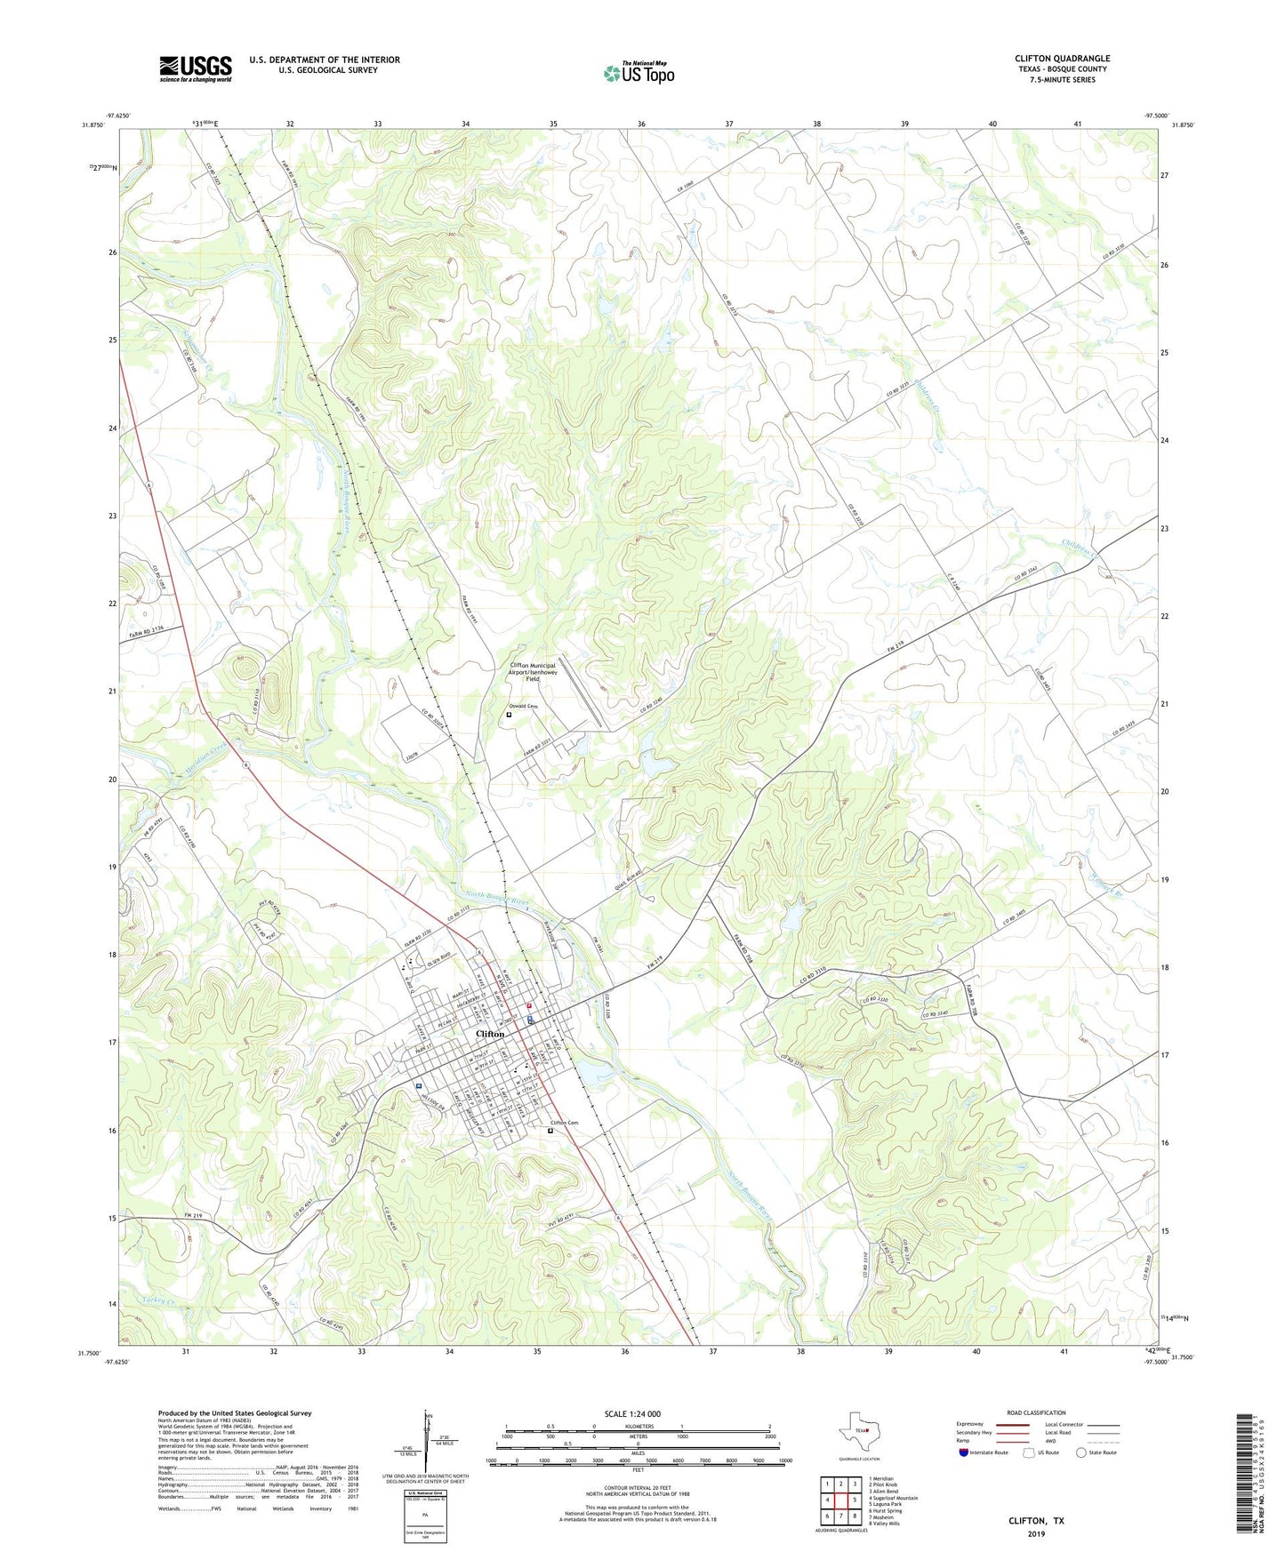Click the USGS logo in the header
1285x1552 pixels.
tap(195, 68)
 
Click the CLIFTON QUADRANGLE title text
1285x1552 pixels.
tap(1062, 59)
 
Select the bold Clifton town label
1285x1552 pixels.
tap(490, 1034)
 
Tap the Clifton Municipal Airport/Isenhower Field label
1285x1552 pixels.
tap(532, 671)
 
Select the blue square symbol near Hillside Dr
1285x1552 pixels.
tap(418, 1085)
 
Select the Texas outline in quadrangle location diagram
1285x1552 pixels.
tap(859, 1431)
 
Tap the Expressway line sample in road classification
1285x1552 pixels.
tap(1010, 1423)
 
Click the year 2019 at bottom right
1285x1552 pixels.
tap(1036, 1533)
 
